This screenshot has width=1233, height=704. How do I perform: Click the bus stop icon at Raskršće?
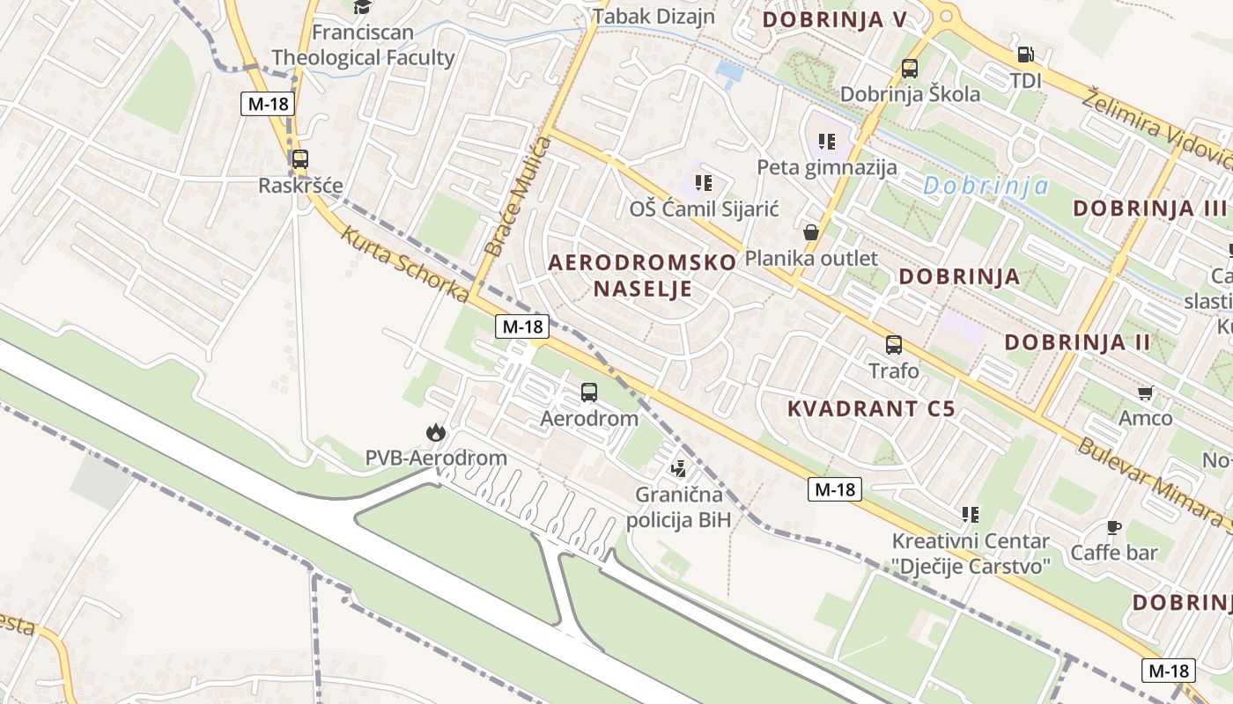pyautogui.click(x=299, y=159)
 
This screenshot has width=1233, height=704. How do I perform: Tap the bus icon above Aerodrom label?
pyautogui.click(x=588, y=392)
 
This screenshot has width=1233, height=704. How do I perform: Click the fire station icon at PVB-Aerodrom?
pyautogui.click(x=435, y=432)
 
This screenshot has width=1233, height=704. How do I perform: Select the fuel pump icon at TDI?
pyautogui.click(x=1026, y=55)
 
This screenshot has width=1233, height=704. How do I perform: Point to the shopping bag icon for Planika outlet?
pyautogui.click(x=811, y=232)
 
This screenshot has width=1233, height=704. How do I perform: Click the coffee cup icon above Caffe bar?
pyautogui.click(x=1113, y=527)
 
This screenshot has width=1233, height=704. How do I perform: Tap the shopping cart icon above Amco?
pyautogui.click(x=1145, y=392)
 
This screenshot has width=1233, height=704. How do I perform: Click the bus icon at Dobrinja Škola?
pyautogui.click(x=910, y=68)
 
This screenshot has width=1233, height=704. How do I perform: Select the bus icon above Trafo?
pyautogui.click(x=894, y=344)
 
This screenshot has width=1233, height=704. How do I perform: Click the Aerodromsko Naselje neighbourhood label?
pyautogui.click(x=642, y=275)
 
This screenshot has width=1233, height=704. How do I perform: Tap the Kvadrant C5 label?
pyautogui.click(x=871, y=408)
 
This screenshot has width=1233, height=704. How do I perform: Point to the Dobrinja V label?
pyautogui.click(x=834, y=19)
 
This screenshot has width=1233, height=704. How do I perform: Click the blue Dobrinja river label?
pyautogui.click(x=986, y=186)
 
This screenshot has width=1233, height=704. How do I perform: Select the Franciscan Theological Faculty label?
pyautogui.click(x=363, y=46)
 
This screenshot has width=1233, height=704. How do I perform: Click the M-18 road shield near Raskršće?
pyautogui.click(x=268, y=104)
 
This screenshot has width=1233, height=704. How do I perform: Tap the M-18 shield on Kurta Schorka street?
pyautogui.click(x=522, y=326)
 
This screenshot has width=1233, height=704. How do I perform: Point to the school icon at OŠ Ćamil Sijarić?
pyautogui.click(x=703, y=183)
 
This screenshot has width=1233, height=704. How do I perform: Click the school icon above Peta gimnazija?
pyautogui.click(x=826, y=141)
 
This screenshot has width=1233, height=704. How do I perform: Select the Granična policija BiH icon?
pyautogui.click(x=678, y=469)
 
